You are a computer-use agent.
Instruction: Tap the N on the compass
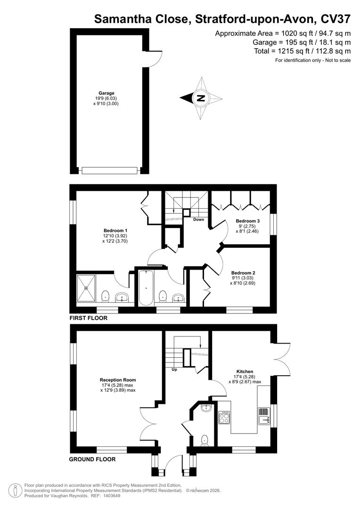tap(201, 98)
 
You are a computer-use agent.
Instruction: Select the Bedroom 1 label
tap(115, 230)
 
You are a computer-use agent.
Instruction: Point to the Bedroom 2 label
tap(243, 273)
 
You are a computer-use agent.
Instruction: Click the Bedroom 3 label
tap(248, 221)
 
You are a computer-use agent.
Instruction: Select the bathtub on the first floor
tap(146, 287)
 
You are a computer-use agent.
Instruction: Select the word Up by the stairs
tap(174, 369)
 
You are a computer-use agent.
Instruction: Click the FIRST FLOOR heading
tap(89, 318)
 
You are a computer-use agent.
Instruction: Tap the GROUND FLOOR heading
tap(92, 459)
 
